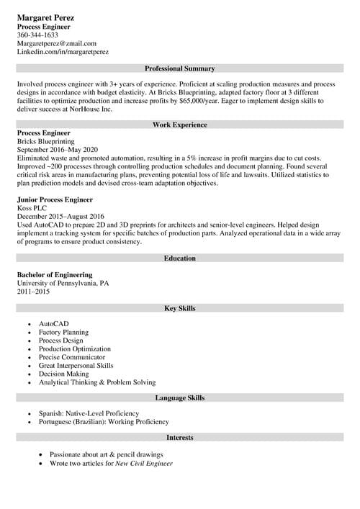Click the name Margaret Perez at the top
(x=45, y=17)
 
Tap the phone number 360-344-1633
(x=37, y=35)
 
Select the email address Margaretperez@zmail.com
(x=56, y=43)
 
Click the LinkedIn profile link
(x=63, y=52)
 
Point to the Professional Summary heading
(x=180, y=68)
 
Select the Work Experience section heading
(x=180, y=125)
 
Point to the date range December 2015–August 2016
(x=60, y=216)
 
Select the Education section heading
(x=180, y=258)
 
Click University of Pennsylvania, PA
(x=63, y=283)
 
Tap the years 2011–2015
(x=35, y=292)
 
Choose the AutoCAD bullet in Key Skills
(x=54, y=324)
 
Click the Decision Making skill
(x=64, y=374)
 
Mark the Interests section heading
(x=180, y=437)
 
